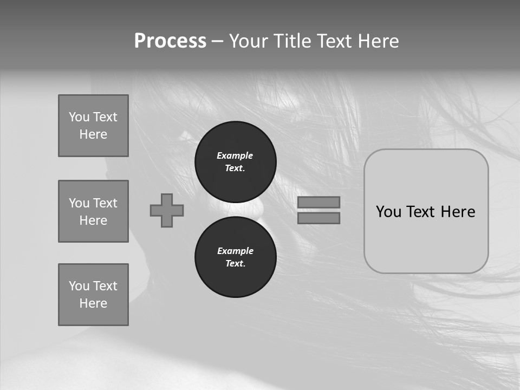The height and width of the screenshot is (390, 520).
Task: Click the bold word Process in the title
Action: tap(170, 41)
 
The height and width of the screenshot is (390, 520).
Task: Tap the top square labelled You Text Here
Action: tap(93, 126)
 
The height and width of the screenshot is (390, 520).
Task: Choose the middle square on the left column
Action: tap(93, 211)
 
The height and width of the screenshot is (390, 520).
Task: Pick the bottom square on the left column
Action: tap(93, 295)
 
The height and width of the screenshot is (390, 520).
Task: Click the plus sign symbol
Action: tap(167, 210)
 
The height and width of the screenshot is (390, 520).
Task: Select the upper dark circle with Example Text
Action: tap(235, 161)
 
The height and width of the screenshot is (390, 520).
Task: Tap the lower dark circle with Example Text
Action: tap(235, 257)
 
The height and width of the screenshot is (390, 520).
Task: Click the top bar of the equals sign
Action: tap(318, 202)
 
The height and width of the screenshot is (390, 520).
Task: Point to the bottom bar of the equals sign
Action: tap(318, 218)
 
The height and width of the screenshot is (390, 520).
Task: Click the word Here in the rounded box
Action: tap(458, 211)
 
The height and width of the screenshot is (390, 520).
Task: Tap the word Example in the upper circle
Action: tap(235, 155)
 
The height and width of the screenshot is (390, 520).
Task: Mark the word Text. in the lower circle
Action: tap(235, 263)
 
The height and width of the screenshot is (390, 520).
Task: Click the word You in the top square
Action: tap(79, 117)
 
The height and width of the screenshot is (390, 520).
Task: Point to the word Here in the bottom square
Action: tap(93, 303)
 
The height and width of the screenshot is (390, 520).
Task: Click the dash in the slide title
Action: tap(217, 41)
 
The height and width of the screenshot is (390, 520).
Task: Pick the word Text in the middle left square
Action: tap(105, 203)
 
